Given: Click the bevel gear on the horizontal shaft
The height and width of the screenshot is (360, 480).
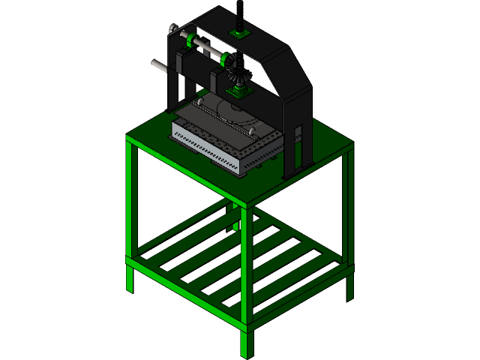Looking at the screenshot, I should tap(238, 70).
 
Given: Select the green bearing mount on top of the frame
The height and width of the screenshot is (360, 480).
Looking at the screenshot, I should tap(240, 34).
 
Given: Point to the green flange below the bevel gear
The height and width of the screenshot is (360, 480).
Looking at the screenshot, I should tap(238, 91).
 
